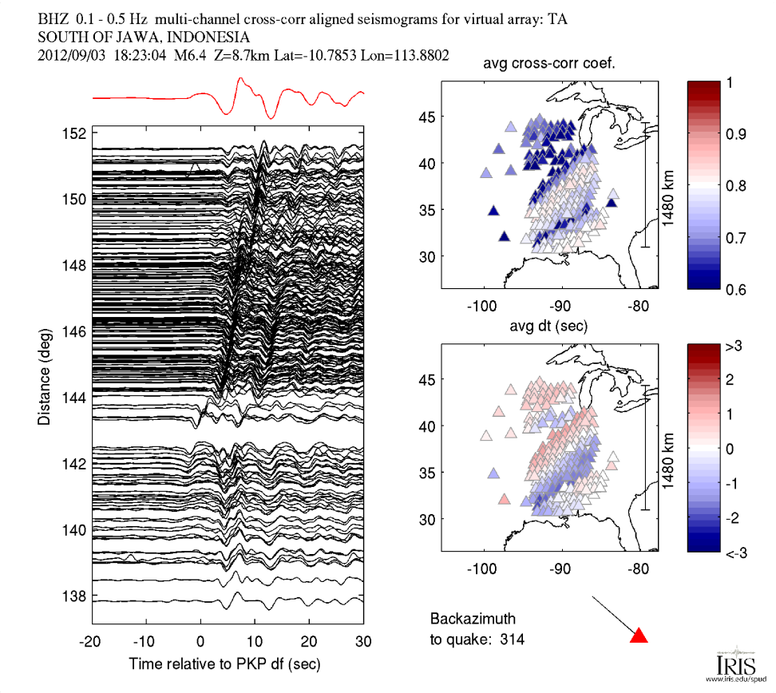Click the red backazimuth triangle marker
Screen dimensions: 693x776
click(x=639, y=636)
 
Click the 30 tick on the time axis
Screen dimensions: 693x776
click(x=363, y=641)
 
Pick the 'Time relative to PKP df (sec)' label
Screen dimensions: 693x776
click(x=228, y=664)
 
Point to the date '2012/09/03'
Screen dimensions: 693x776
click(x=71, y=56)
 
